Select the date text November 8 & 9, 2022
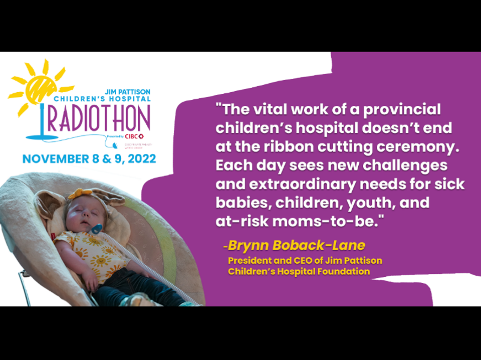click(89, 159)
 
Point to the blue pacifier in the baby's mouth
click(96, 229)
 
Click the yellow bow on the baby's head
click(80, 193)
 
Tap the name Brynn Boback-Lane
click(296, 246)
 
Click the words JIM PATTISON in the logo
click(128, 92)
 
